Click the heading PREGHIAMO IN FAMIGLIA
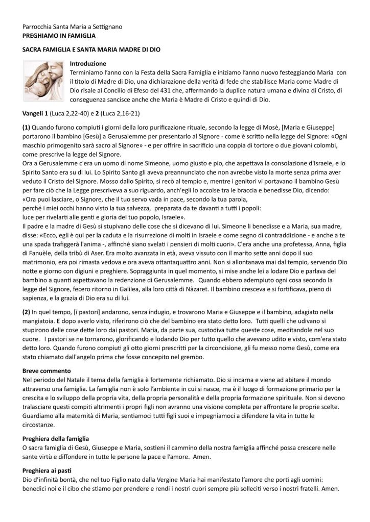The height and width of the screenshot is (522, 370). coord(60,36)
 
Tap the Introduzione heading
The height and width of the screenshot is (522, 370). coord(88,64)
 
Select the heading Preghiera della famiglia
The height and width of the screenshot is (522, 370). coord(56,438)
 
